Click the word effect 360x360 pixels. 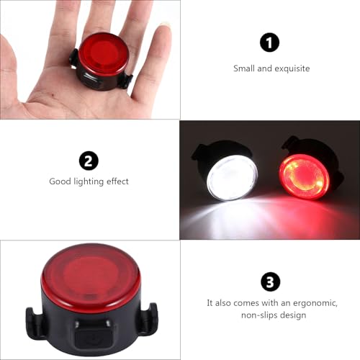117,181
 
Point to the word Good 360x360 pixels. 60,181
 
